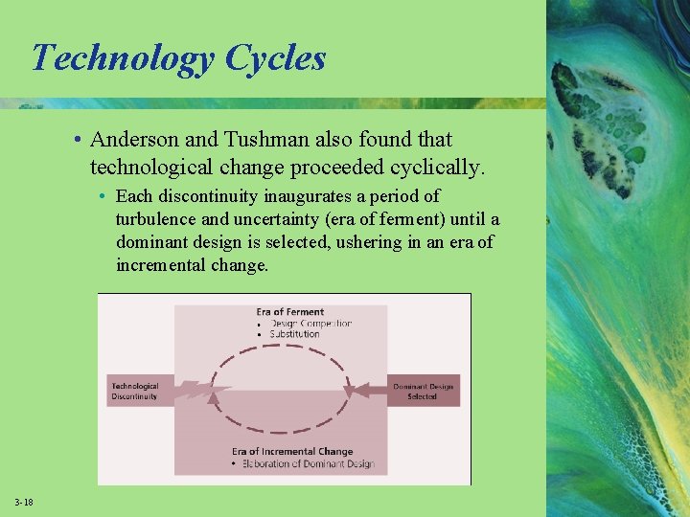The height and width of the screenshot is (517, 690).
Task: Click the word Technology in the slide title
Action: (123, 58)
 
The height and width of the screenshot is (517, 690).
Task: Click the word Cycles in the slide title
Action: (275, 58)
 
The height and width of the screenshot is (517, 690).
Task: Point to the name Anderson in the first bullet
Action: (132, 140)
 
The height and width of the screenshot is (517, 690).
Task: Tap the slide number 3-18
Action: (24, 503)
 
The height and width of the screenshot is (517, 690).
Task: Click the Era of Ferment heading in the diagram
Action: (289, 312)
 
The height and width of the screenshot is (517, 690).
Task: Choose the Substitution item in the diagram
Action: (294, 335)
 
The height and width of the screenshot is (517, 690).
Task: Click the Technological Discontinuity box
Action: (136, 391)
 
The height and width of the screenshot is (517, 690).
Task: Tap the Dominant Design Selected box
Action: (422, 391)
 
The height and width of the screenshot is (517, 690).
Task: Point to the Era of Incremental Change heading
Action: (292, 451)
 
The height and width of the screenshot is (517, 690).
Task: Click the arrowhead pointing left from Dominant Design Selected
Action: (352, 390)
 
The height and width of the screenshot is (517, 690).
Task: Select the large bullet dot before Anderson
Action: (76, 141)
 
